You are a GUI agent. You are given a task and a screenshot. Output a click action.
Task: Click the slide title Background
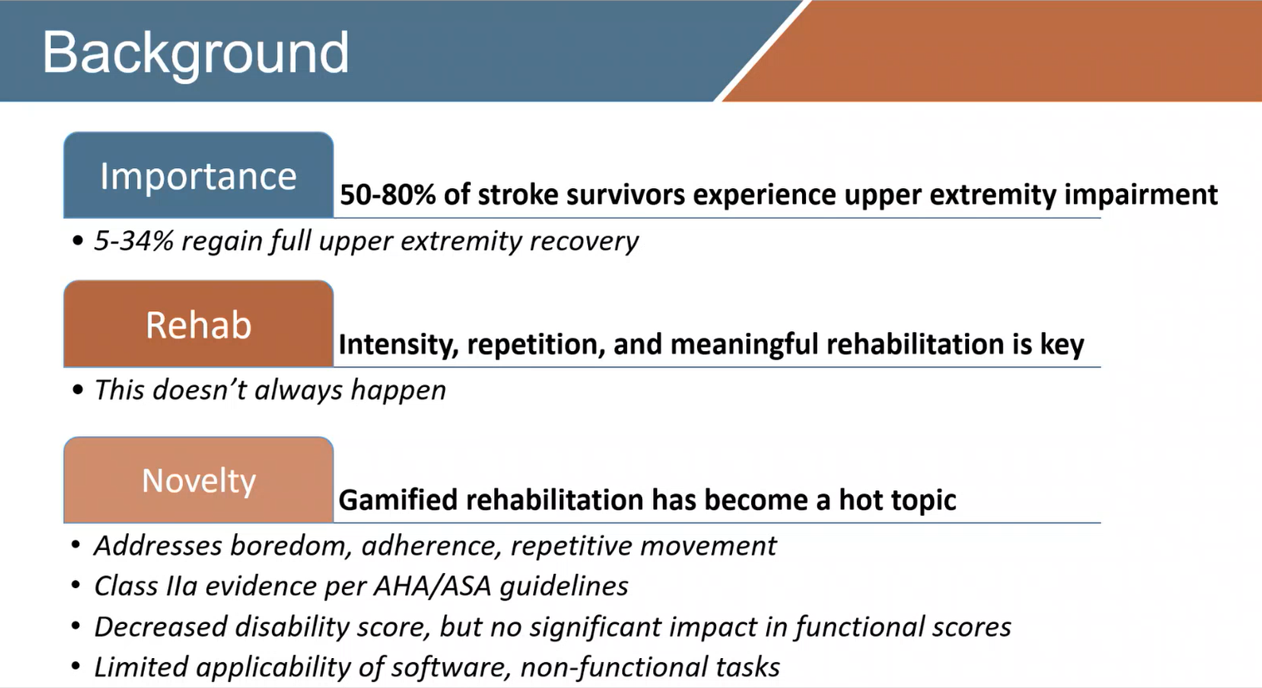click(195, 52)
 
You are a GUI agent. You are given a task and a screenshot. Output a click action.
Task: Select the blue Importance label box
click(198, 176)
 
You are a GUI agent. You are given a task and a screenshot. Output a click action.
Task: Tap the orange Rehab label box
click(198, 324)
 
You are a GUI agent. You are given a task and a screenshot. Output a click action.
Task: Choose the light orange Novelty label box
click(198, 481)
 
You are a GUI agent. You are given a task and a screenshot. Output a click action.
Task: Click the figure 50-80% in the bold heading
click(388, 195)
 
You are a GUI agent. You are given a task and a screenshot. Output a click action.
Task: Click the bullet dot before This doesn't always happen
click(77, 390)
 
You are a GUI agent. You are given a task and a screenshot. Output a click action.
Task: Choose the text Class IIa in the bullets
click(146, 587)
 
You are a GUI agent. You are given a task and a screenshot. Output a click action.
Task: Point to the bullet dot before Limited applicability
click(77, 667)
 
